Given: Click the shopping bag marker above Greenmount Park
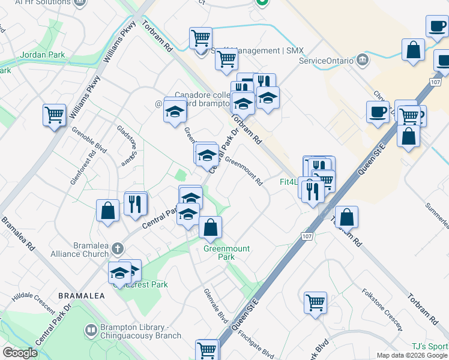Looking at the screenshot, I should (x=210, y=227).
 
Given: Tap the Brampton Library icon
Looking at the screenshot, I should (x=90, y=330).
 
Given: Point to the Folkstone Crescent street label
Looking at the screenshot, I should (x=381, y=309).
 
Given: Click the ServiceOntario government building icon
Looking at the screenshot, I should (x=362, y=59).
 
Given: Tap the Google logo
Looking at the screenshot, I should (x=20, y=353).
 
